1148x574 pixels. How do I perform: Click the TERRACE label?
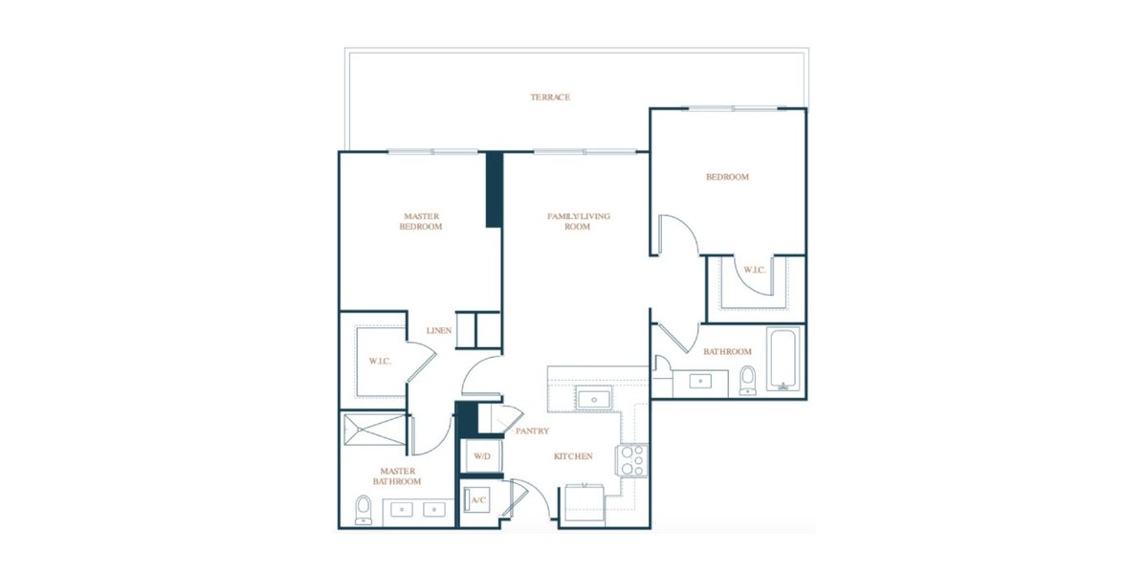(550, 97)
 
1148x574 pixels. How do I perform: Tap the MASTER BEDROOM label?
(421, 221)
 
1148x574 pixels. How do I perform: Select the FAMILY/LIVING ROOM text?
(578, 221)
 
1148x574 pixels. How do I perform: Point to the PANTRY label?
(532, 431)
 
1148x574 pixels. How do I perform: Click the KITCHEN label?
(573, 456)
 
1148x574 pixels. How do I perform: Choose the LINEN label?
(439, 331)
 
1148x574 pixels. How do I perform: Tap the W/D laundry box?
(482, 456)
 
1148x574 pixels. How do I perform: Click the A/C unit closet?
(477, 499)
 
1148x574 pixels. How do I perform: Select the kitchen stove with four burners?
(631, 460)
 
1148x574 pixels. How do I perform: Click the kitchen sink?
(593, 398)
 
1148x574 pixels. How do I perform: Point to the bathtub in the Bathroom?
(783, 360)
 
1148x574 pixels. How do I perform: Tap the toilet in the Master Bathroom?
(364, 509)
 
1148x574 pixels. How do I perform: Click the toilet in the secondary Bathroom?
(748, 381)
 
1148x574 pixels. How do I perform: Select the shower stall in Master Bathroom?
(376, 430)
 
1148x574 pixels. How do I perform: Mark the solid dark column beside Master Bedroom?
(494, 189)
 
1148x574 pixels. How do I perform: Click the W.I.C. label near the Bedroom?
(755, 270)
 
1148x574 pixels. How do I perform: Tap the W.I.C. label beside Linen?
(380, 362)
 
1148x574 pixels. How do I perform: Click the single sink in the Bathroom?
(700, 381)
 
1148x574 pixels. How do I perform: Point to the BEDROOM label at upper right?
(727, 177)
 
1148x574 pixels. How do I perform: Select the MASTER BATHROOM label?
(397, 476)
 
